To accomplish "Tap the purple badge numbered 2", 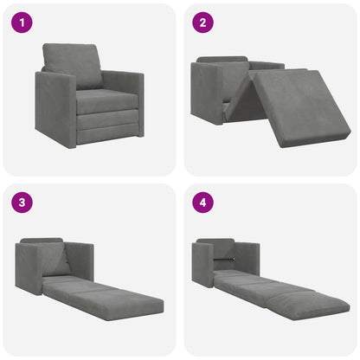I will pos(202,22).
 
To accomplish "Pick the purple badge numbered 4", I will pos(202,202).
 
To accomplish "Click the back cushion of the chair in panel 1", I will pos(75,66).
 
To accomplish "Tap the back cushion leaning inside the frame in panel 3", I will pos(57,260).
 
